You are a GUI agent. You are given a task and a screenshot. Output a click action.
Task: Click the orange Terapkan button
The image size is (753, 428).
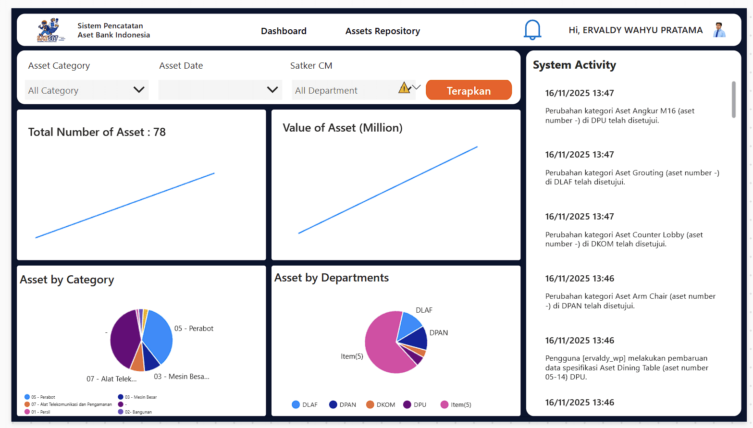pos(469,90)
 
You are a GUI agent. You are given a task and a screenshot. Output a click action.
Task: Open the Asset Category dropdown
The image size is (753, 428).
pos(86,90)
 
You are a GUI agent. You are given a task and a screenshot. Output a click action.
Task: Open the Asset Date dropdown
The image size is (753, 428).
pos(220,90)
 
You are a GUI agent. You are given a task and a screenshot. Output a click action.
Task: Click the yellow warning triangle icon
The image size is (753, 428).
pos(404,87)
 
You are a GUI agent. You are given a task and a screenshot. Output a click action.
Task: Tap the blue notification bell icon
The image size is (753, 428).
pos(532,30)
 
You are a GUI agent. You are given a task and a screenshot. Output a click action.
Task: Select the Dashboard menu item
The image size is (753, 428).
pos(284,31)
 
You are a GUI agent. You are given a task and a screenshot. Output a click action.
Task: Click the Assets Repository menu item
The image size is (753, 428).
pos(383,31)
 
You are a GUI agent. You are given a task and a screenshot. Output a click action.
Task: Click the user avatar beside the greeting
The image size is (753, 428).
pos(719,30)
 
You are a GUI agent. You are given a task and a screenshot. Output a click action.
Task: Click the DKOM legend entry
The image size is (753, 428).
pos(381,404)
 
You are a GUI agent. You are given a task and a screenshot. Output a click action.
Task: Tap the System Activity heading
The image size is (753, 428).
pos(574,65)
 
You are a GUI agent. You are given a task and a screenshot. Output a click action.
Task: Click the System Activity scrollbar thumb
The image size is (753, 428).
pos(733,99)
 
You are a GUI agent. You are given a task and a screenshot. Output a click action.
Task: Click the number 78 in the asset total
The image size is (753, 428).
pos(160,132)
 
